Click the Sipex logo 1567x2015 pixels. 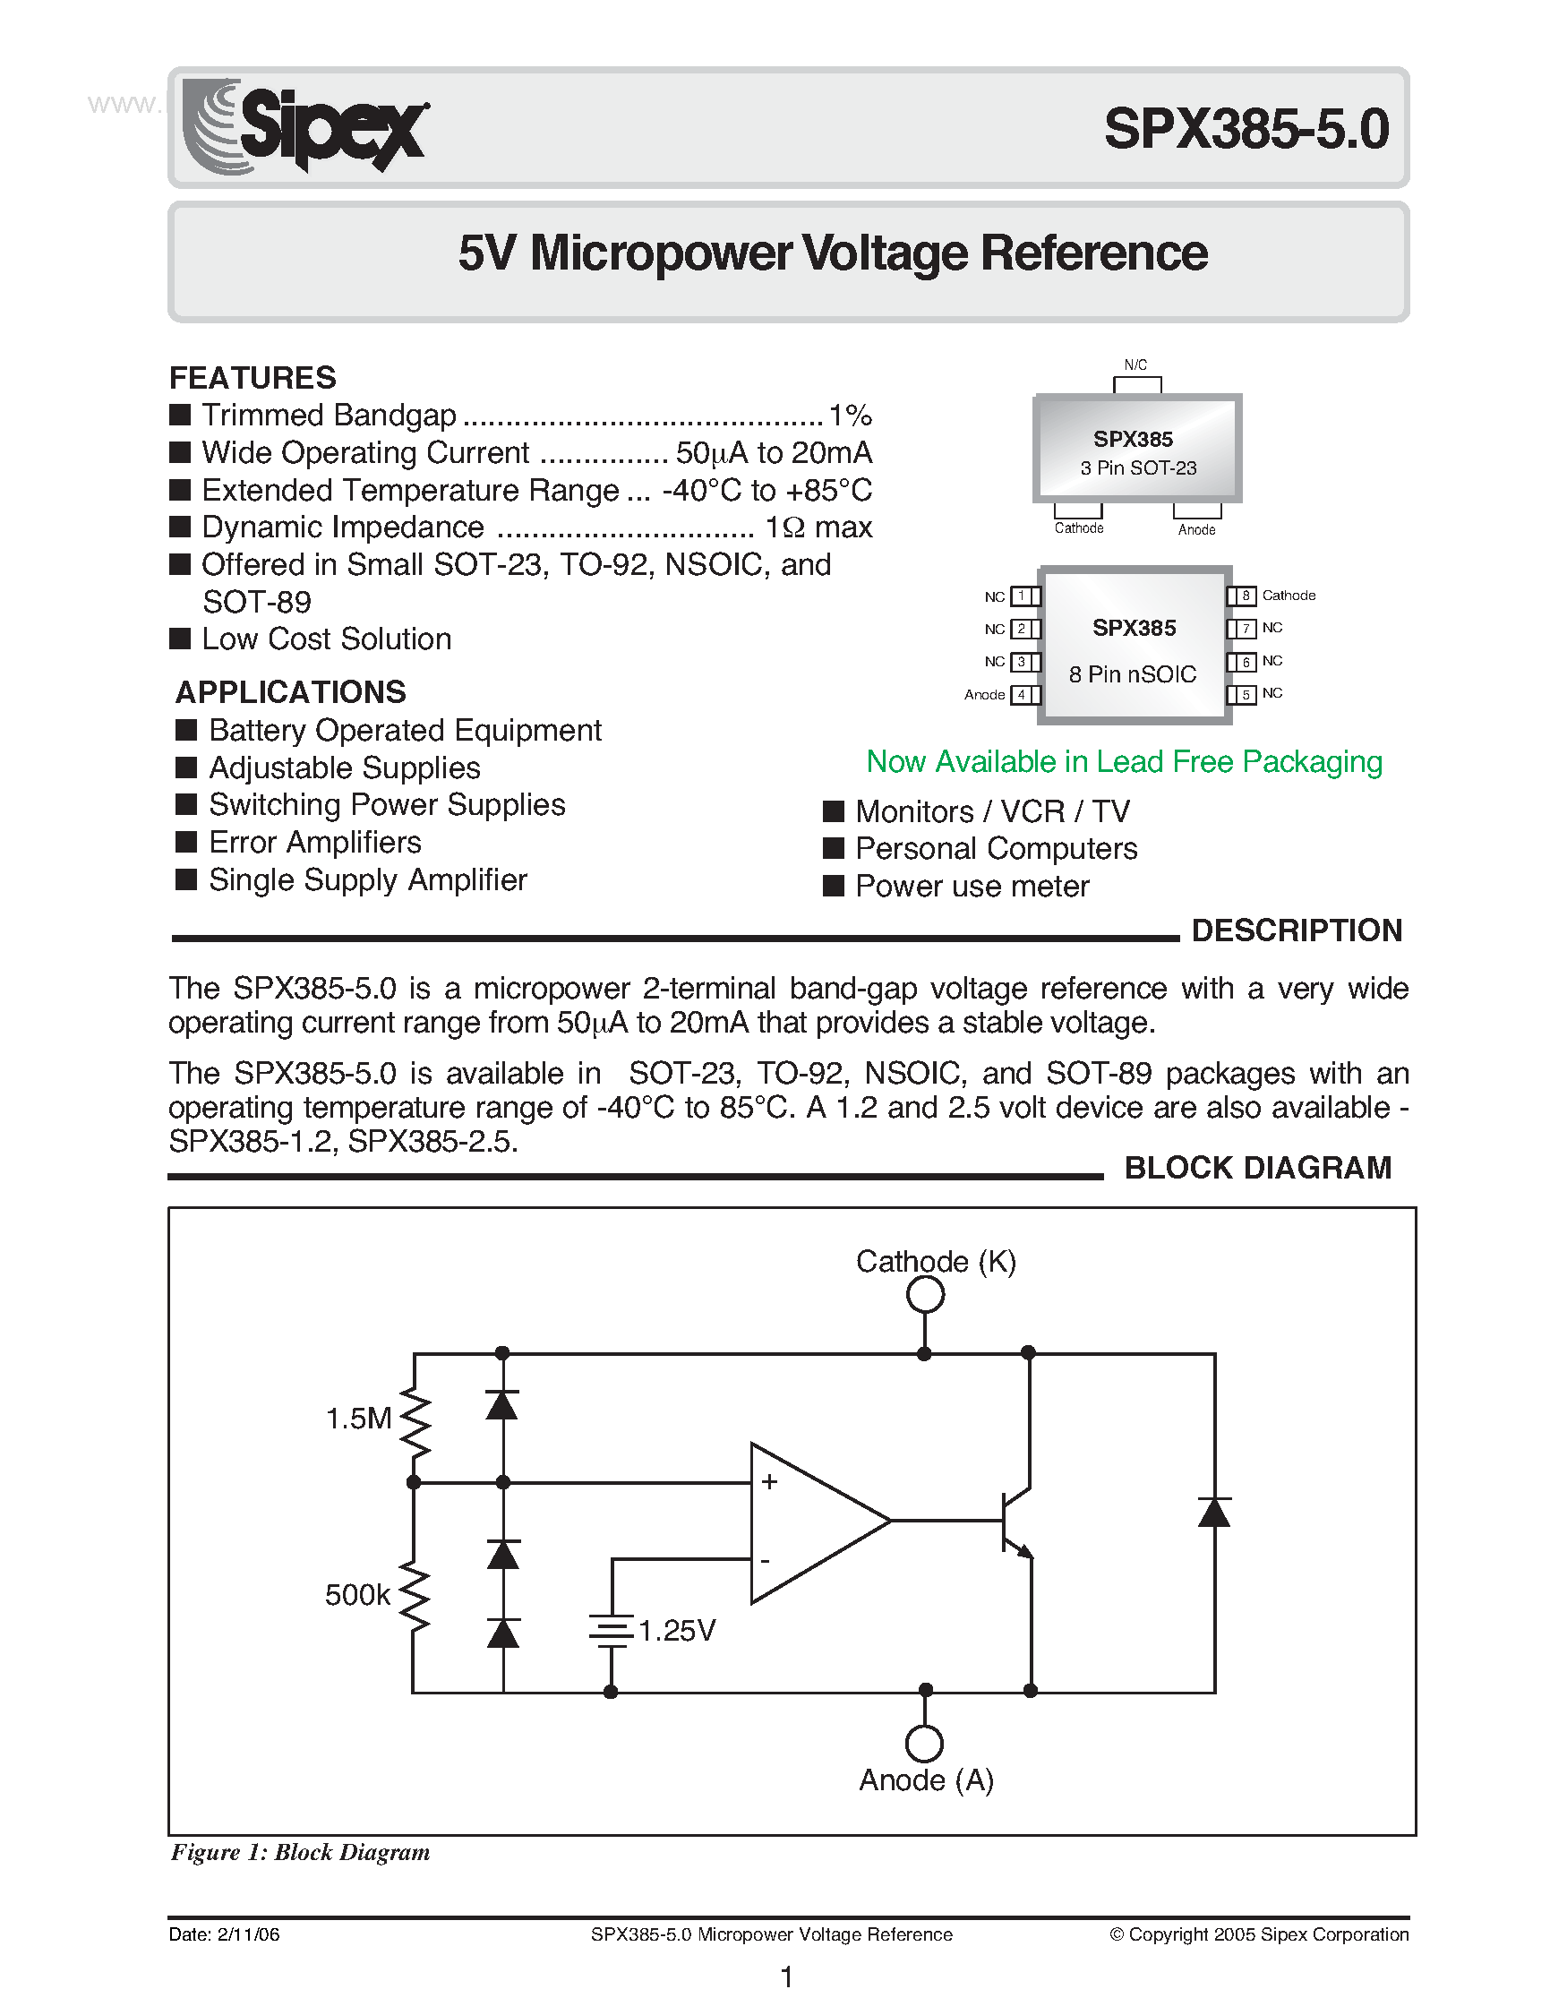click(x=305, y=126)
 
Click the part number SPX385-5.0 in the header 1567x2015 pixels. click(x=1246, y=129)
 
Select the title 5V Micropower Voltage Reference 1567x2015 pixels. click(x=832, y=253)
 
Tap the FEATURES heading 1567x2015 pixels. click(x=252, y=377)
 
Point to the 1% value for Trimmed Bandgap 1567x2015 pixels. click(x=850, y=416)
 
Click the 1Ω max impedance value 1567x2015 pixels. click(x=818, y=527)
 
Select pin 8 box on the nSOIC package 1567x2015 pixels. click(x=1244, y=596)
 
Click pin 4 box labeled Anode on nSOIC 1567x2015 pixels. click(x=1022, y=695)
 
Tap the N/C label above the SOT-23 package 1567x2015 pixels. click(x=1135, y=365)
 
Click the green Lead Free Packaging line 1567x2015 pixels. click(x=1124, y=762)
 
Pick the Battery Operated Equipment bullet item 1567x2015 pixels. click(x=404, y=731)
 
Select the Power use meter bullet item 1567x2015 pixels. click(x=972, y=887)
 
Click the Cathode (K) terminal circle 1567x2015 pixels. click(x=925, y=1294)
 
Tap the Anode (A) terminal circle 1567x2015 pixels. click(x=925, y=1744)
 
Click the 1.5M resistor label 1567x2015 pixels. click(x=359, y=1418)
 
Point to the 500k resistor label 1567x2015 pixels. click(x=357, y=1594)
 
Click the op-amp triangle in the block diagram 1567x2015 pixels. click(x=807, y=1522)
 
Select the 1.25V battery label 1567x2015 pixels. click(x=676, y=1631)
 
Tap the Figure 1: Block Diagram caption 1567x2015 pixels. click(x=300, y=1853)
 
